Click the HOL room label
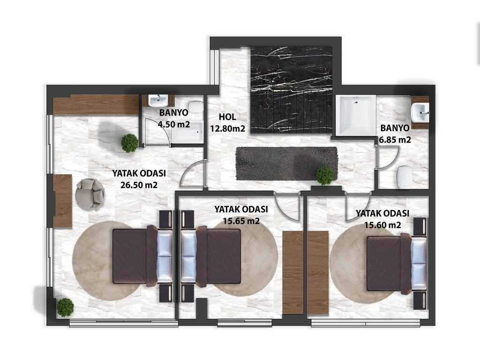pos(227,117)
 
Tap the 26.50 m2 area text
pos(139,185)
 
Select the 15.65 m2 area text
pos(241,221)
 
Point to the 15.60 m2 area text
pos(382,225)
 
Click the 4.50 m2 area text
pos(173,124)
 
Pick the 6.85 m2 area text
pos(395,140)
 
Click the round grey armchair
pos(90,194)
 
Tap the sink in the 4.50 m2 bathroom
pos(158,101)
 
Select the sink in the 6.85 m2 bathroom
pos(420,112)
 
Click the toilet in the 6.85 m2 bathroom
pos(404,177)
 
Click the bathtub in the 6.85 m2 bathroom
pos(356,115)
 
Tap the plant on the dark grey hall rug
pos(325,175)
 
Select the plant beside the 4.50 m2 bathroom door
pos(129,143)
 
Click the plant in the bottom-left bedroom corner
pos(65,307)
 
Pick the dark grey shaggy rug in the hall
pos(286,164)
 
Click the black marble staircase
pos(292,90)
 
